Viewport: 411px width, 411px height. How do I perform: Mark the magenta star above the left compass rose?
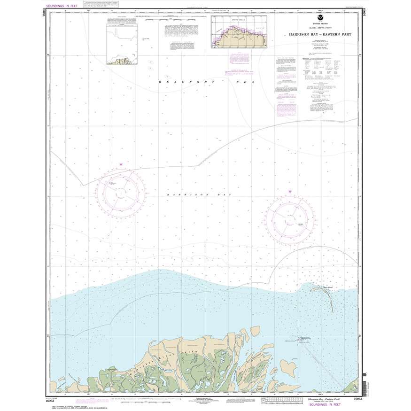click(x=121, y=164)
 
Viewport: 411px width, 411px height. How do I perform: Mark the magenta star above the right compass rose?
click(x=290, y=191)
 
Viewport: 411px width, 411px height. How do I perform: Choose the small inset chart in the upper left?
click(x=124, y=41)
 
